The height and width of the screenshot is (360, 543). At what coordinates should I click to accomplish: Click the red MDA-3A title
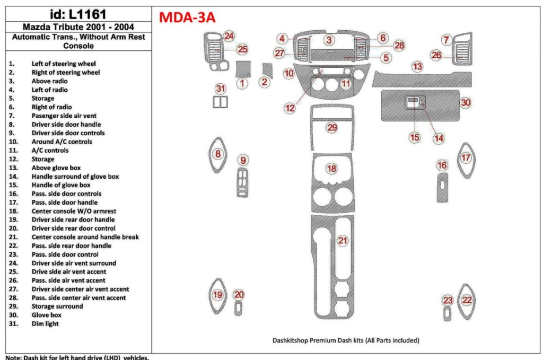pos(187,17)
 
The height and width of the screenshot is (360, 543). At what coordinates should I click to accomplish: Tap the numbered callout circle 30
pos(465,102)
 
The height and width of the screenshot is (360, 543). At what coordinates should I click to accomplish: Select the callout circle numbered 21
pos(343,241)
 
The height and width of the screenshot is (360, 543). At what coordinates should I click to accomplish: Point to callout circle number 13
pos(418,66)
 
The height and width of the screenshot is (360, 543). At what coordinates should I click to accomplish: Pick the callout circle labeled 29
pos(332,127)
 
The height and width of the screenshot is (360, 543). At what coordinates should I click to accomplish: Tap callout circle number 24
pos(229,36)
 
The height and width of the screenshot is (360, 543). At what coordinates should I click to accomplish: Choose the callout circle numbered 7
pos(446,40)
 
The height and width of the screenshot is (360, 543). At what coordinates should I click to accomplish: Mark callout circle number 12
pos(290,108)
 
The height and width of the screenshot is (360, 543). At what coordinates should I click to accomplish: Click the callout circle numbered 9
pos(242,160)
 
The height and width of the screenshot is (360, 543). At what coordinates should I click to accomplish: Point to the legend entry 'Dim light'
pos(45,323)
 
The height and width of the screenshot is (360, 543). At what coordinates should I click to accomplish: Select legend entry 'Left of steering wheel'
pos(64,64)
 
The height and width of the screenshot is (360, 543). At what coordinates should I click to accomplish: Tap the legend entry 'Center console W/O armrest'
pos(74,211)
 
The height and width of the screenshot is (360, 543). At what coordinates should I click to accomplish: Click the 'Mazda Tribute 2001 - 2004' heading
pos(78,27)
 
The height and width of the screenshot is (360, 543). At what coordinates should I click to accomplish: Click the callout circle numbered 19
pos(217,295)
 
